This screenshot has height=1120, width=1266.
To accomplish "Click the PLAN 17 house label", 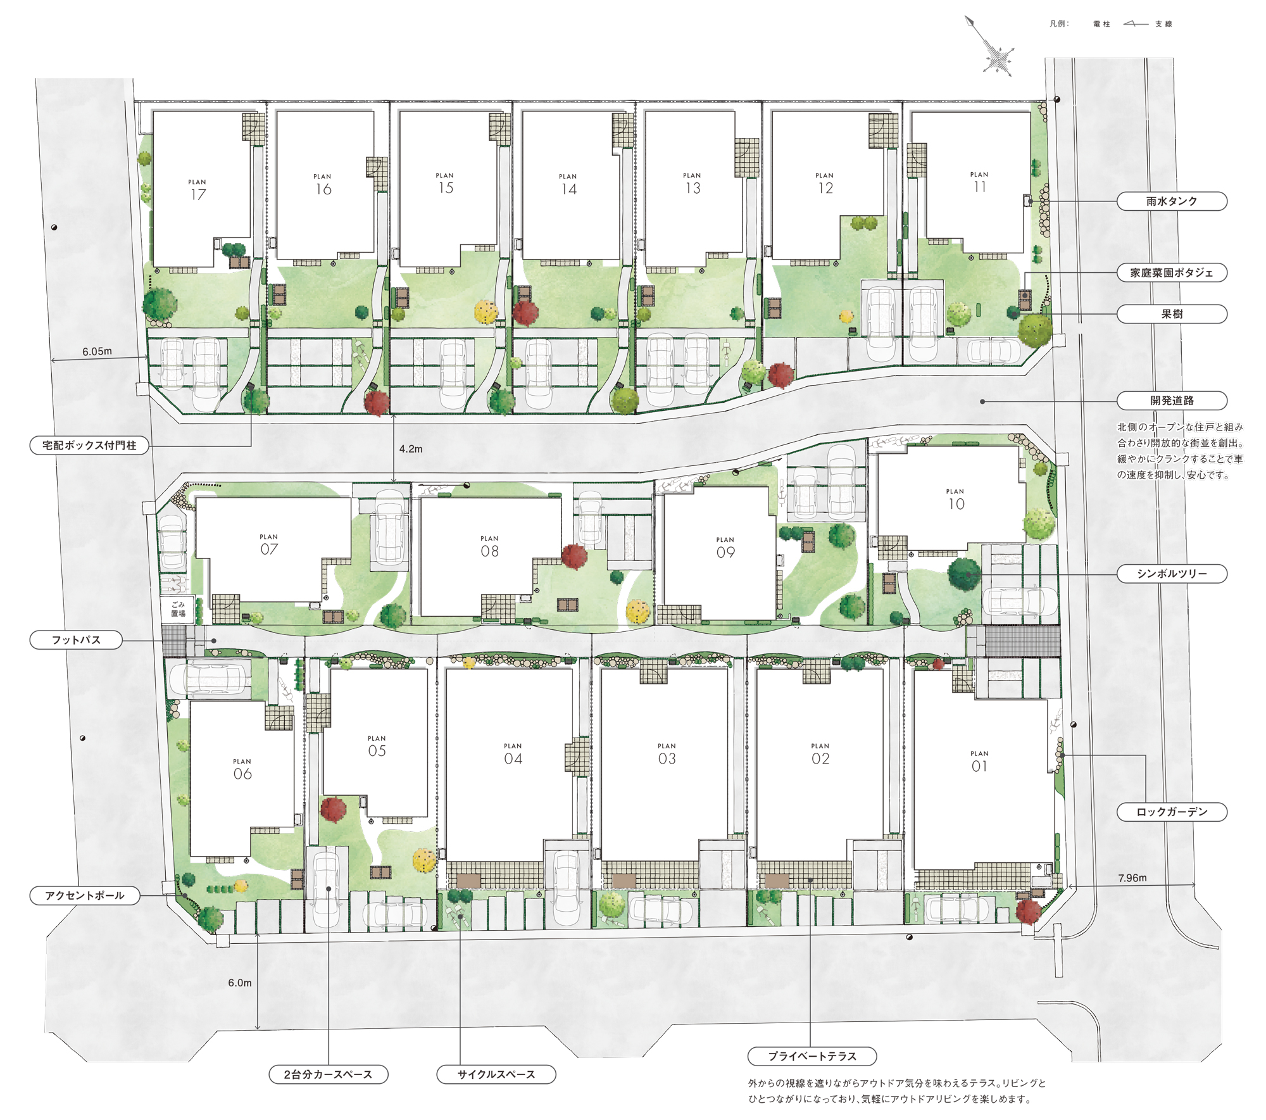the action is pos(197,191).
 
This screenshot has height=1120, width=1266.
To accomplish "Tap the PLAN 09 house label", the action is pos(725,548).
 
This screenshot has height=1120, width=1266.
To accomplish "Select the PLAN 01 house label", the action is pos(979,762).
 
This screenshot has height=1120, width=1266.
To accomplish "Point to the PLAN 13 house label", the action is pos(693,184).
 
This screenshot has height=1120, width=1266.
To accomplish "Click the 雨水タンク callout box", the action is pos(1172,201).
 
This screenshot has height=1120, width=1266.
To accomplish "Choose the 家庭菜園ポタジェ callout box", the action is pos(1172,273).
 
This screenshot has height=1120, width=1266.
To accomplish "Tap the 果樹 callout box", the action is pos(1172,314).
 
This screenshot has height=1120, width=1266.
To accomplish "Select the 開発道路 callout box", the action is pos(1172,401).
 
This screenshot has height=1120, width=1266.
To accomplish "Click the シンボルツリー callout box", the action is pos(1172,574).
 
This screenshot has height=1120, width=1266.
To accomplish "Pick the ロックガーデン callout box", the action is pos(1172,812).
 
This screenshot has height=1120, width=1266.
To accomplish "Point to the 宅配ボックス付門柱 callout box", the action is pos(89,445).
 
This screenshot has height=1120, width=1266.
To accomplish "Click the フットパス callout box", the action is pos(76,640).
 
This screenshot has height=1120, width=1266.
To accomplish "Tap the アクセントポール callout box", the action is pos(85,895).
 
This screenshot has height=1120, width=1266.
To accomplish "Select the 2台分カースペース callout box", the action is pos(329,1074).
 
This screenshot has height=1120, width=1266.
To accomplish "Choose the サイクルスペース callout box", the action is pos(496,1074).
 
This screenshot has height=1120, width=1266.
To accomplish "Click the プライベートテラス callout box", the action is pos(812,1056).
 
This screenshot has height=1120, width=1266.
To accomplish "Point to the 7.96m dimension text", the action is pos(1132,878).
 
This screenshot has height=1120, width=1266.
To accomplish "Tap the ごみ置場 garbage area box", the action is pos(178,609).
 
